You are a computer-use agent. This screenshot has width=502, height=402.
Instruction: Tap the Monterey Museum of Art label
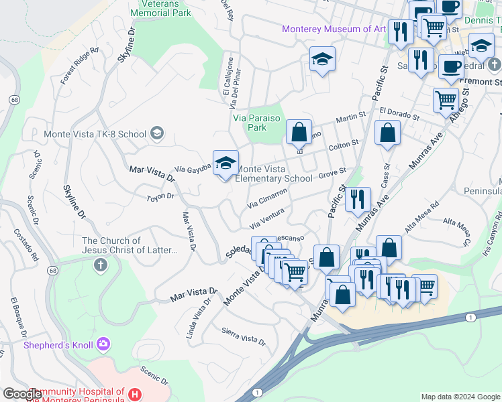334,29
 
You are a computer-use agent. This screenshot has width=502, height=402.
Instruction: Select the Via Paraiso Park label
259,122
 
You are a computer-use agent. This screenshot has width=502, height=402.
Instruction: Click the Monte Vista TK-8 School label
95,133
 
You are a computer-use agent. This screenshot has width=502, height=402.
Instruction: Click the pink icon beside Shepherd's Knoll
103,344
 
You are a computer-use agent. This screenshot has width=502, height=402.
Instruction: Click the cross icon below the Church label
101,265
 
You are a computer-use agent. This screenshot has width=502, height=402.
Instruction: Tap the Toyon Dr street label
160,197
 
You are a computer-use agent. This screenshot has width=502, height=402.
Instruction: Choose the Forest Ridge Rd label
79,66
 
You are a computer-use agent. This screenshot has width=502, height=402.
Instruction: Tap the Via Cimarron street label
268,198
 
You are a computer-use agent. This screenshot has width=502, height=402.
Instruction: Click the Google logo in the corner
23,394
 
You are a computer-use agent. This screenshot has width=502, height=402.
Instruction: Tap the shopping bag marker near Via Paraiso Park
299,131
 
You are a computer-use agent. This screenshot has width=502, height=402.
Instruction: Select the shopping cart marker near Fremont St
446,100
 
